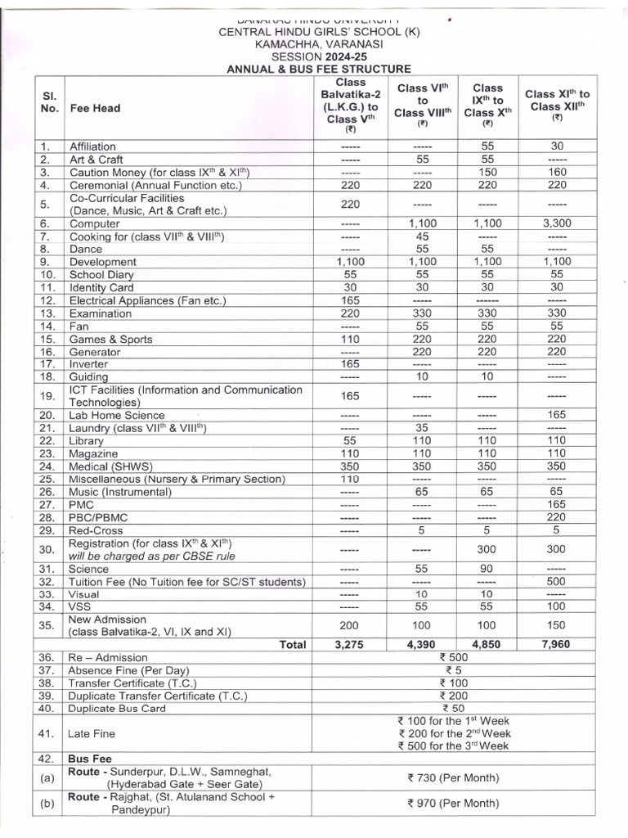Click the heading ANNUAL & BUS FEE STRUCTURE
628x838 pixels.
pyautogui.click(x=318, y=70)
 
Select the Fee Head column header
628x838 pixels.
pyautogui.click(x=96, y=108)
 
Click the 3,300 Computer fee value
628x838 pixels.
pyautogui.click(x=557, y=223)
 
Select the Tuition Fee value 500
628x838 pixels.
pyautogui.click(x=557, y=582)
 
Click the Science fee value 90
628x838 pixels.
pyautogui.click(x=487, y=568)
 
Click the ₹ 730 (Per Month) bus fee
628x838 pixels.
pyautogui.click(x=452, y=777)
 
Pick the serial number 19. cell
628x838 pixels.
pyautogui.click(x=46, y=395)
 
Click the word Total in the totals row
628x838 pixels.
pyautogui.click(x=293, y=644)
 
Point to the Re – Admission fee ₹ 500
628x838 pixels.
pyautogui.click(x=452, y=657)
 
